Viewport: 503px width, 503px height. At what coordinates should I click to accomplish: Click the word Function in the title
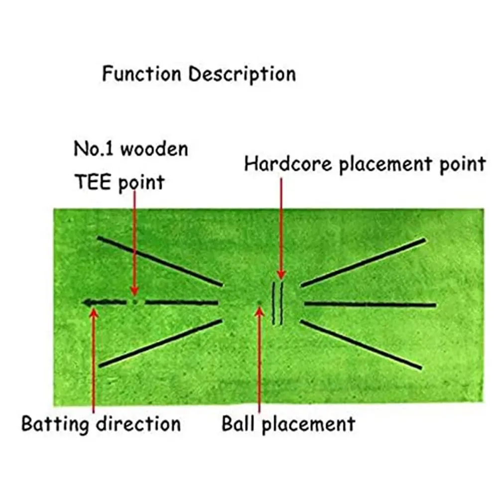[142, 74]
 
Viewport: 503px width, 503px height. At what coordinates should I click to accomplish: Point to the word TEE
[93, 182]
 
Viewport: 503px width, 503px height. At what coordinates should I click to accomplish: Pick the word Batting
[55, 424]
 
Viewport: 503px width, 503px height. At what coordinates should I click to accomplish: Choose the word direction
[138, 424]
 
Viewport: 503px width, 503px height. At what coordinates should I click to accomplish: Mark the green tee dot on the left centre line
[134, 302]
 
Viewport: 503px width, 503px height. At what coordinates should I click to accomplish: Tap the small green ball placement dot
[258, 302]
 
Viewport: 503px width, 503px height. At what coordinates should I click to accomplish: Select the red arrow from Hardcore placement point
[281, 229]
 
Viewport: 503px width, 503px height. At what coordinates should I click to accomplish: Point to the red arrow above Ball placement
[259, 359]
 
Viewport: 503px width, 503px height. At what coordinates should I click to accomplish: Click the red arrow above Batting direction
[93, 359]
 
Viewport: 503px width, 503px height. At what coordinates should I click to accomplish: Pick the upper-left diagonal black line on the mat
[159, 261]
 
